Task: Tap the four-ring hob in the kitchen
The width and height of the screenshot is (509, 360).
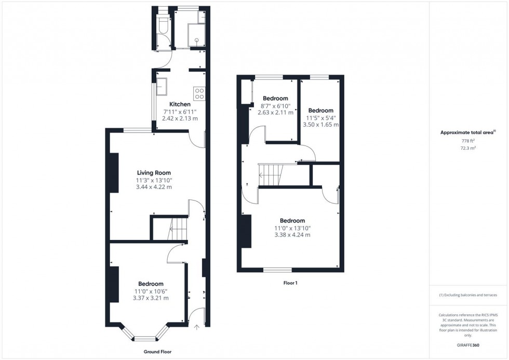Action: (199, 93)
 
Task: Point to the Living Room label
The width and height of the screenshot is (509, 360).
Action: (154, 173)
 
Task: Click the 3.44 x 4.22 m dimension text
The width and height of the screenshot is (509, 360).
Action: (154, 187)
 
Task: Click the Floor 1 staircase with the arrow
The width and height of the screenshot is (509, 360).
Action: (270, 175)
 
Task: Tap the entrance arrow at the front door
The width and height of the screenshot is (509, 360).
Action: (197, 327)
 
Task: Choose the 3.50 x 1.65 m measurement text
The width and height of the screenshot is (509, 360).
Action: (320, 125)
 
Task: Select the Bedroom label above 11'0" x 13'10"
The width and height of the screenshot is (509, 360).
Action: (292, 220)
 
